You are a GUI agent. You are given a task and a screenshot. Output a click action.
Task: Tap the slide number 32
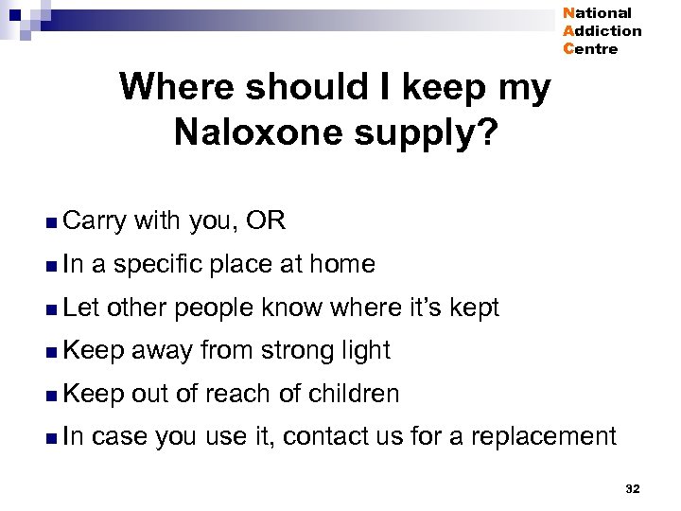(633, 488)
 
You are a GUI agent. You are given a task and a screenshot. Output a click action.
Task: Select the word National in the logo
(597, 13)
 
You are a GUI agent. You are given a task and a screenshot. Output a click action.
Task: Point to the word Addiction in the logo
(602, 31)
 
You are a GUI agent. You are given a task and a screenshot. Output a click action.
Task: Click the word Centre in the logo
(590, 49)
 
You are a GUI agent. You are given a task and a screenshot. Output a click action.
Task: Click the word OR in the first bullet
(265, 221)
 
